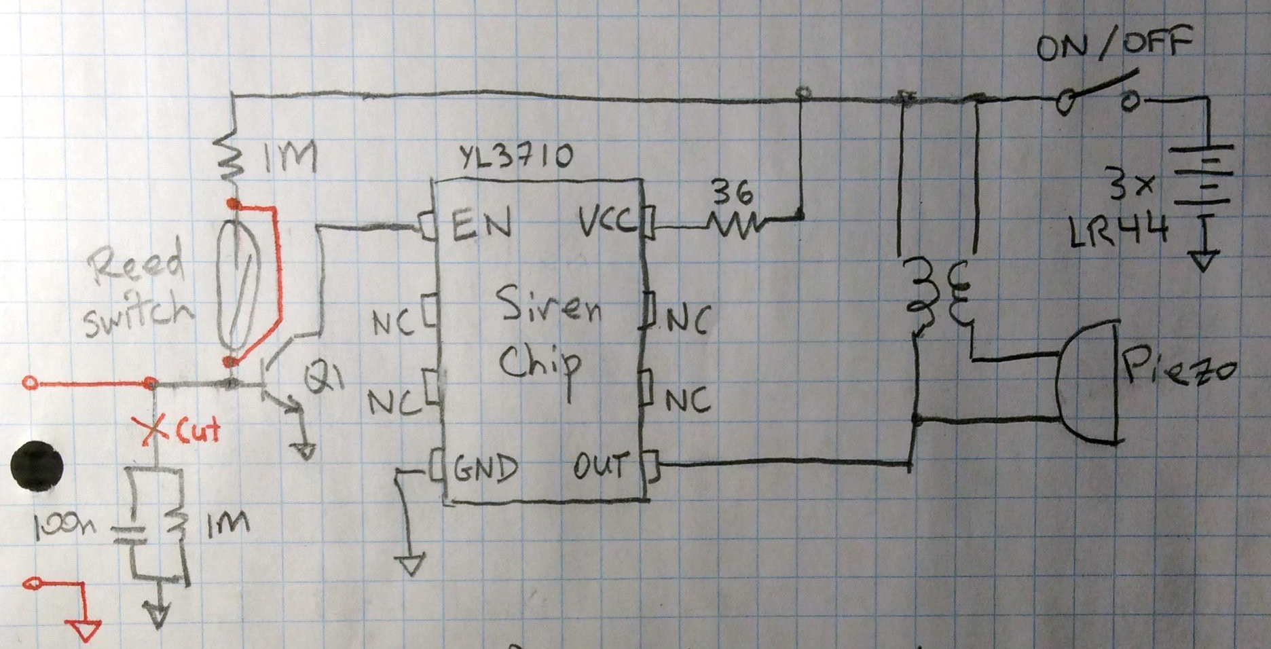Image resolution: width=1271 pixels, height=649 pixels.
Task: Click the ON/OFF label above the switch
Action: pos(1113,46)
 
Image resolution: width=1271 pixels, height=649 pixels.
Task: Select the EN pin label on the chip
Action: pos(481,224)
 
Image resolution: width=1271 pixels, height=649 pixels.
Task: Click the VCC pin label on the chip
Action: pos(607,221)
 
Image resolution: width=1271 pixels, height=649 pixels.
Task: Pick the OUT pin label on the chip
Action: pos(600,466)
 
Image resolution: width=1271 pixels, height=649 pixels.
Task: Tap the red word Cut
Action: pos(198,431)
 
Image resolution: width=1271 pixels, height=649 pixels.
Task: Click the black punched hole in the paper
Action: pos(37,466)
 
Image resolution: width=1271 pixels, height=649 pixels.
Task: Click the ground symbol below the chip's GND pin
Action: pos(411,564)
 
